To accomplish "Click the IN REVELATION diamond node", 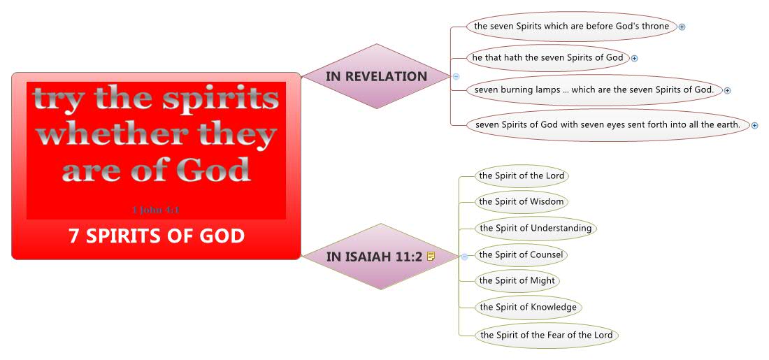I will [376, 76].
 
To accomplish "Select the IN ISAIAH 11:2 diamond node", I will [374, 257].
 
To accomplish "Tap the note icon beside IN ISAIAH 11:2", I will [431, 257].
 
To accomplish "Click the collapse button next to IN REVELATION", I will [456, 76].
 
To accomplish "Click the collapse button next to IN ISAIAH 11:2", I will [464, 257].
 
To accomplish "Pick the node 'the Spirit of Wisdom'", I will [521, 202].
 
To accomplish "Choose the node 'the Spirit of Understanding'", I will [535, 228].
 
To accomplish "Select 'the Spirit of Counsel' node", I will [521, 254].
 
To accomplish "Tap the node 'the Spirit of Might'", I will [517, 280].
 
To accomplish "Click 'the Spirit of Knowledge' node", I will [528, 307].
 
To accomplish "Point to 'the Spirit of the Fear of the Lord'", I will [546, 335].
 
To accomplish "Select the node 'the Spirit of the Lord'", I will [522, 175].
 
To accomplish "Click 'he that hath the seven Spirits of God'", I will [547, 57].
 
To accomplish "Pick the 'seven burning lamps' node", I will [594, 89].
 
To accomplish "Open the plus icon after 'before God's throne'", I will [682, 27].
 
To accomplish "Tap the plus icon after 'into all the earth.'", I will [755, 125].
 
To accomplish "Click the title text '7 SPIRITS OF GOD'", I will [157, 236].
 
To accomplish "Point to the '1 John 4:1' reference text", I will [157, 209].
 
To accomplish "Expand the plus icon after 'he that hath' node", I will [635, 58].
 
